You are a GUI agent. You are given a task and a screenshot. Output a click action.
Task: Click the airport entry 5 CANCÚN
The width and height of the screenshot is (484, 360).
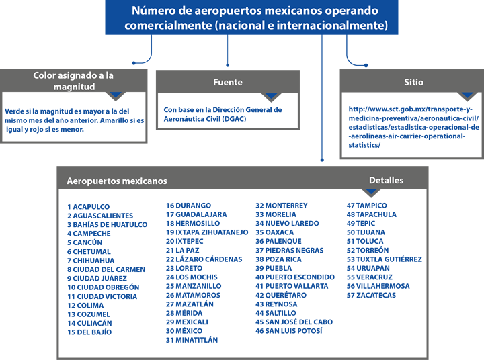pos(85,242)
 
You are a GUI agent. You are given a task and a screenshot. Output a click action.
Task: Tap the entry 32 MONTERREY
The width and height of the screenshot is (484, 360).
pos(282,206)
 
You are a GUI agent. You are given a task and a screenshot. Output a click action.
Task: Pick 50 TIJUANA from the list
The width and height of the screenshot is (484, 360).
pos(366,232)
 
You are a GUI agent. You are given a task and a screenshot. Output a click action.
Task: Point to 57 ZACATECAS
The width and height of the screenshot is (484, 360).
pos(371,296)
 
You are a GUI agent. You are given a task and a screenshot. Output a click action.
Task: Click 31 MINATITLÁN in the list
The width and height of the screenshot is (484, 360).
pos(192,340)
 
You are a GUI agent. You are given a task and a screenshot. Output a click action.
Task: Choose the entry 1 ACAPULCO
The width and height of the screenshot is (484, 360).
pos(88,207)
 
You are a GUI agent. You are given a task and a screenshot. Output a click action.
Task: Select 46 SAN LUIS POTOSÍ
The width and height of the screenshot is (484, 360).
pos(289,331)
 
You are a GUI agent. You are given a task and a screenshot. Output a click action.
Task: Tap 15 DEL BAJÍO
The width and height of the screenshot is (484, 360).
pos(89,332)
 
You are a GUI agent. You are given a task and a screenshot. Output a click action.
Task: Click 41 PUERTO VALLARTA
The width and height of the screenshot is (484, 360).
pos(292,286)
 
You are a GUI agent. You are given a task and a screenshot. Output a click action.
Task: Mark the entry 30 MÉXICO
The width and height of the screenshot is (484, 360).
pos(184,331)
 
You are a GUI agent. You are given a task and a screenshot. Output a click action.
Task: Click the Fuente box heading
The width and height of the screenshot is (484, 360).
pos(228,82)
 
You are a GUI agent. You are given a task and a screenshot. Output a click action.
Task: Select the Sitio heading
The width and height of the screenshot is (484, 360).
pos(413,82)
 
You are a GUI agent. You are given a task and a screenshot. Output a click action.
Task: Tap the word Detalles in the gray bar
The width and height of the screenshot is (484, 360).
pos(386,181)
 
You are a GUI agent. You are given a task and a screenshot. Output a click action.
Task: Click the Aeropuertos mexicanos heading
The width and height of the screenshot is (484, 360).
pos(117,181)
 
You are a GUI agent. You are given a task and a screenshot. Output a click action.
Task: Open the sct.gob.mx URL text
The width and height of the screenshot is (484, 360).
pos(413,127)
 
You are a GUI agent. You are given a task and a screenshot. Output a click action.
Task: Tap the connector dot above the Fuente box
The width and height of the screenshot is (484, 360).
pos(227,65)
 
